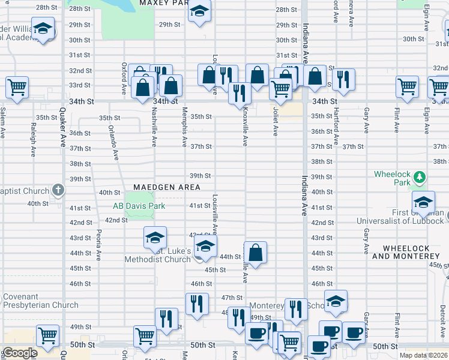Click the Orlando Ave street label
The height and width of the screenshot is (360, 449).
click(113, 142)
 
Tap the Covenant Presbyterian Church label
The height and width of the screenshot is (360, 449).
click(41, 301)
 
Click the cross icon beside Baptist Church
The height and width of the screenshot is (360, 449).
click(58, 190)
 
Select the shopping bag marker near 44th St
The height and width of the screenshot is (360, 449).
click(256, 252)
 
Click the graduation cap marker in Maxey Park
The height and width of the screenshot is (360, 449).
click(199, 11)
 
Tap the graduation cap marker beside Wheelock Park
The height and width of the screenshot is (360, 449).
click(423, 202)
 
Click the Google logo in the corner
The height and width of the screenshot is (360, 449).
click(20, 353)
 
